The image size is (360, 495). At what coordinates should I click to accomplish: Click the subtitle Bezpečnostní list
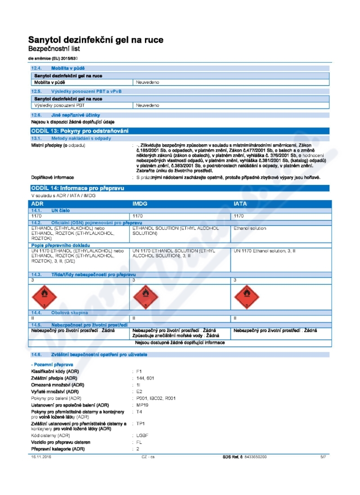(54, 48)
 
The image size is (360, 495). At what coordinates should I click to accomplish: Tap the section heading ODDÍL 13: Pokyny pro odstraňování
(79, 131)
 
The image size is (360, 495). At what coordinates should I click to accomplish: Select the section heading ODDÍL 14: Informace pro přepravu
(77, 188)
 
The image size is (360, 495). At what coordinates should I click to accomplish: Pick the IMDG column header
(140, 204)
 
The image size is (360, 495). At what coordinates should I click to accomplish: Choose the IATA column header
(240, 204)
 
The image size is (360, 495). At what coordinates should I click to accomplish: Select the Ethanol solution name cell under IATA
(250, 228)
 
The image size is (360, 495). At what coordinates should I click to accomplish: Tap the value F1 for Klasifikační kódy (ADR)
(139, 371)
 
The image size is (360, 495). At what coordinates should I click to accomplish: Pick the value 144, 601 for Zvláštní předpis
(145, 378)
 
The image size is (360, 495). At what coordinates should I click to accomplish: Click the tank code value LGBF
(143, 436)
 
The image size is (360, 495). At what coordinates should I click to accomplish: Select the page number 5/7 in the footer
(323, 457)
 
